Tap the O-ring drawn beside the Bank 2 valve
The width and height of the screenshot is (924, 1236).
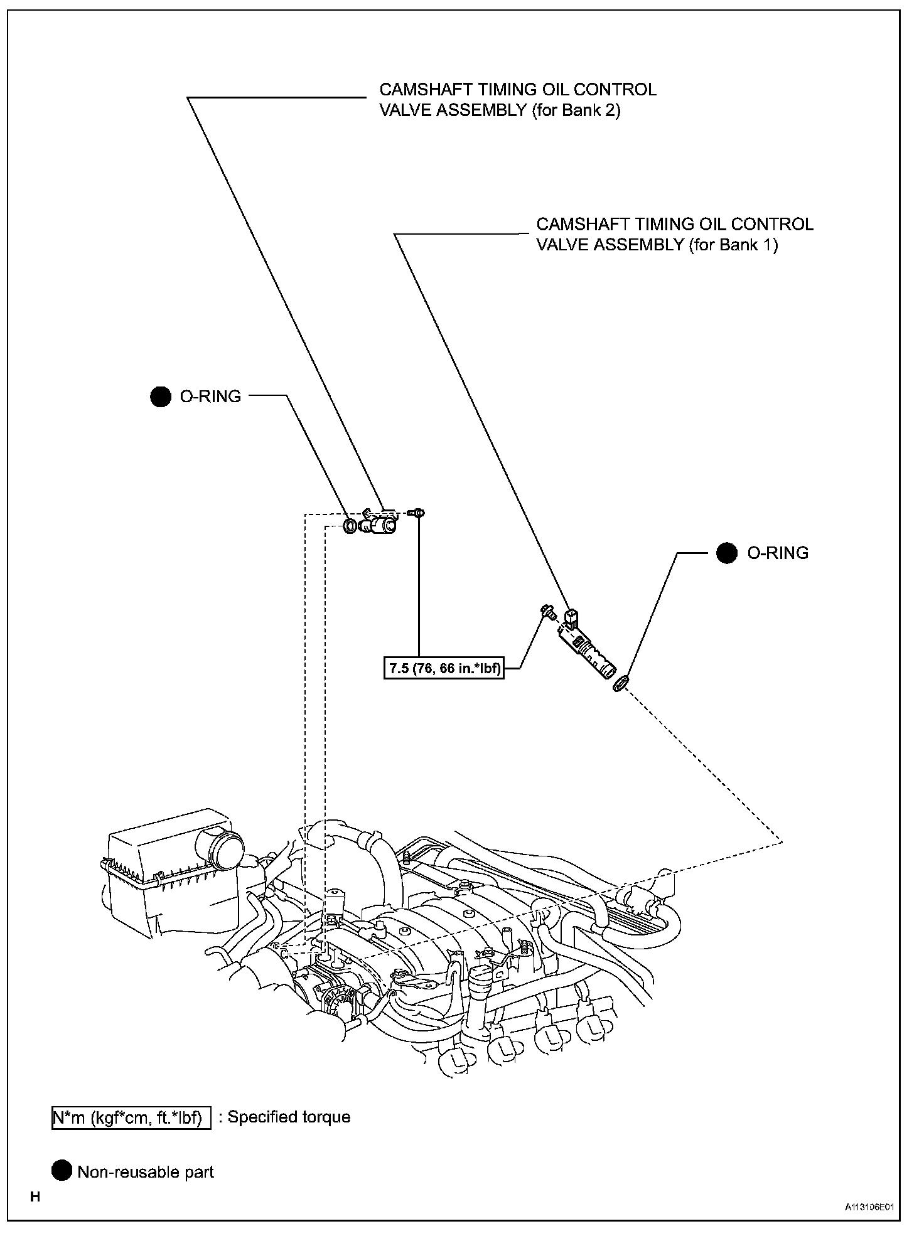coord(350,525)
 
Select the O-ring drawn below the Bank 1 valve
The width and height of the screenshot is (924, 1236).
coord(620,684)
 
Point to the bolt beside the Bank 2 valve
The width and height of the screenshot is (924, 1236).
coord(416,513)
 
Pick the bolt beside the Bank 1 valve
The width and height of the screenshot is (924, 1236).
coord(547,610)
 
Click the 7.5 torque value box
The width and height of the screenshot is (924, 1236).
coord(444,669)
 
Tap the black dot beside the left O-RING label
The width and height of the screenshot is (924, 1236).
coord(161,397)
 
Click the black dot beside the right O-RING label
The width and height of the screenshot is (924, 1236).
coord(727,553)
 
